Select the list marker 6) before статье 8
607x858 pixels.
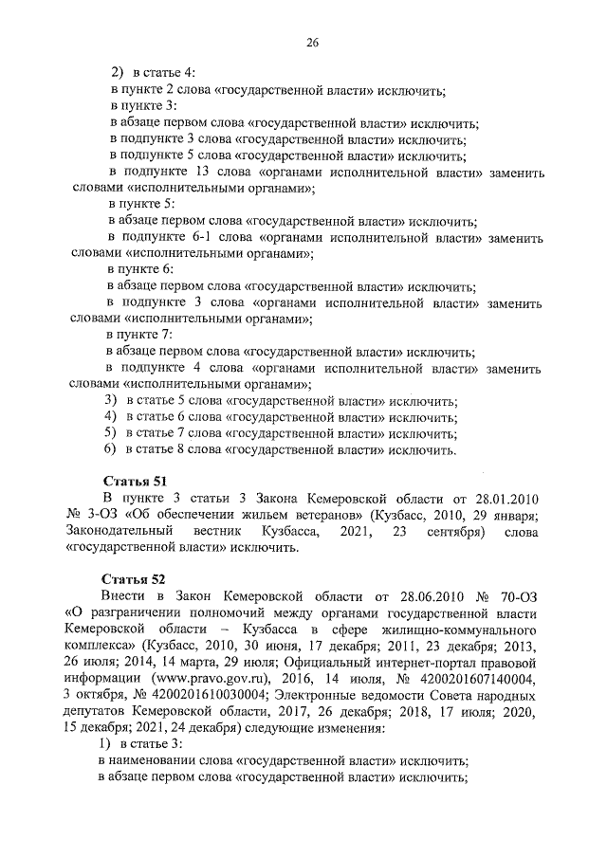tap(110, 449)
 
